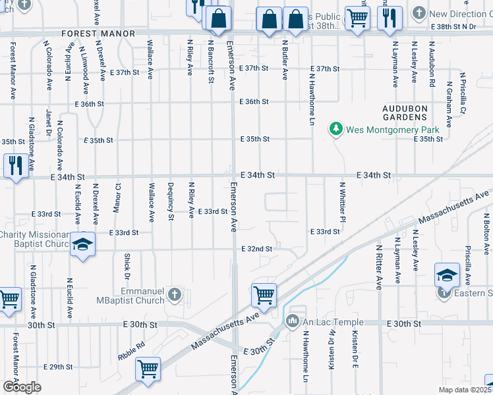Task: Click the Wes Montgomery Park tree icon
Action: tap(336, 128)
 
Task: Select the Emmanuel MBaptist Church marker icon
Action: tap(174, 294)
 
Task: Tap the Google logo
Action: tap(21, 386)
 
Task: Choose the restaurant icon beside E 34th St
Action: tap(15, 165)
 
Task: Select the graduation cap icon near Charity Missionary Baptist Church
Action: tap(82, 245)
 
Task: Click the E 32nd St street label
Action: tap(256, 249)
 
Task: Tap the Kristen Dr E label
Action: tap(355, 350)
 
